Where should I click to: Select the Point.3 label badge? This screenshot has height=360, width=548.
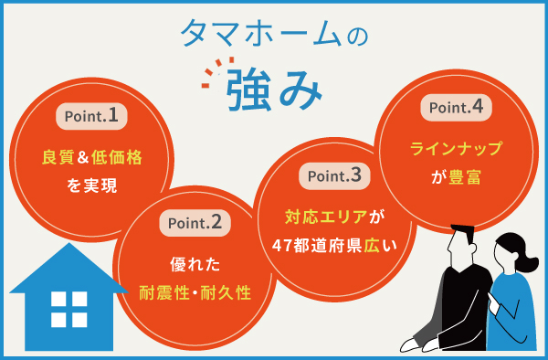point(335,175)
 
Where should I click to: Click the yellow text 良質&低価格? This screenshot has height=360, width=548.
point(92,158)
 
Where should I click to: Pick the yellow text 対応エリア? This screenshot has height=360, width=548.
point(325,217)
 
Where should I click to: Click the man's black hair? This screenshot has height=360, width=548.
point(461,236)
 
